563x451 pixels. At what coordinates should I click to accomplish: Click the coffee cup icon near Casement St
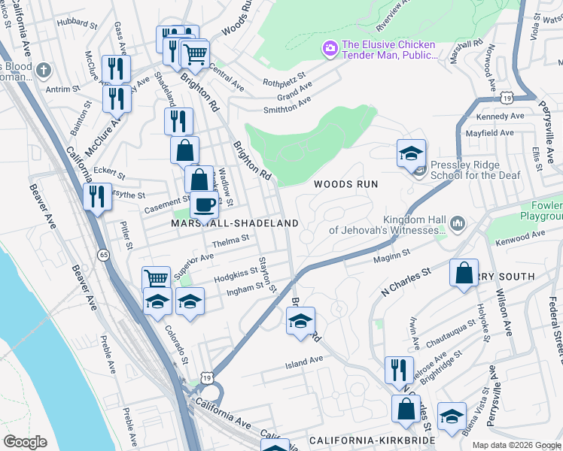[203, 204]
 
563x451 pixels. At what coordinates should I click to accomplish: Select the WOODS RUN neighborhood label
[345, 184]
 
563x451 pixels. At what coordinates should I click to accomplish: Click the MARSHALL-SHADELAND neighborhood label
[235, 224]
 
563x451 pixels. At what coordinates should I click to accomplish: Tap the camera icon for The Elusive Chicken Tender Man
[330, 50]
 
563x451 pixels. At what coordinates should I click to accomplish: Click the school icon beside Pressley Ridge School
[412, 154]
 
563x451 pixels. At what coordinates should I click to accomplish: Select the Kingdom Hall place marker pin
[457, 224]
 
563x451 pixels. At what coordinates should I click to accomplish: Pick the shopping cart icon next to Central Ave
[196, 53]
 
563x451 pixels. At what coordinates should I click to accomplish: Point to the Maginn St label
[391, 257]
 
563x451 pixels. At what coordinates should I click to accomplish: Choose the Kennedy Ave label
[500, 117]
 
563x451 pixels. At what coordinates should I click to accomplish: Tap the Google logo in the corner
[26, 441]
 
